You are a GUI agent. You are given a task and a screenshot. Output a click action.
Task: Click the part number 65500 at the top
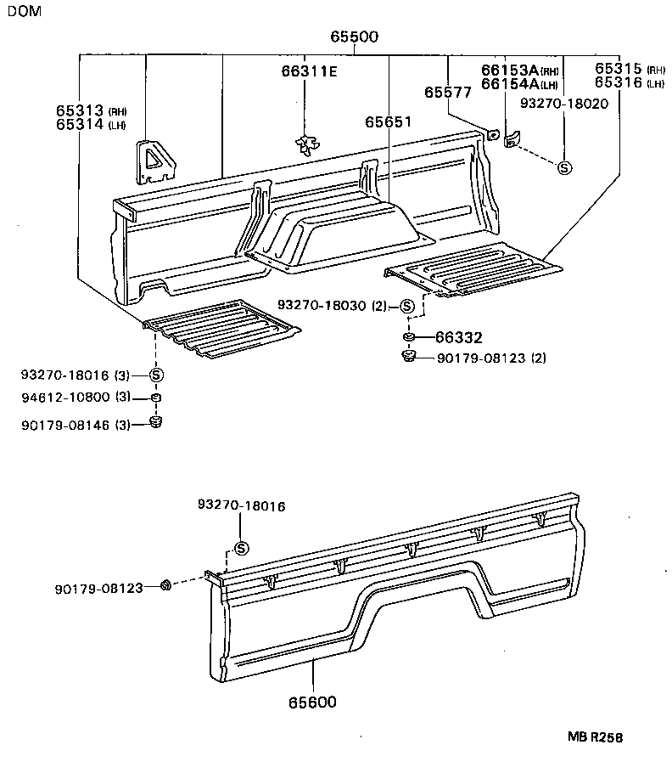[355, 38]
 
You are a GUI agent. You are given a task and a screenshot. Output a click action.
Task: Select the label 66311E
[309, 71]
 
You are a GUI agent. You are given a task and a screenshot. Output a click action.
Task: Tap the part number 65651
[388, 122]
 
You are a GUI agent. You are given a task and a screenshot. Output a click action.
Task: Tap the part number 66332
[458, 337]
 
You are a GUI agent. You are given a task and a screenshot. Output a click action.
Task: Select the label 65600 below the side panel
[311, 702]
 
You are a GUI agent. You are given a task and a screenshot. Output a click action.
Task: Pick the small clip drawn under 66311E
[306, 145]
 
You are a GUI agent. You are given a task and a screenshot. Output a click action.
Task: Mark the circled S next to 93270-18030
[406, 306]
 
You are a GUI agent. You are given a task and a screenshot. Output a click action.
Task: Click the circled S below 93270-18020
[564, 168]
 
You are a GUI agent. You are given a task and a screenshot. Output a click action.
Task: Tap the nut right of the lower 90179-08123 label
[166, 584]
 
